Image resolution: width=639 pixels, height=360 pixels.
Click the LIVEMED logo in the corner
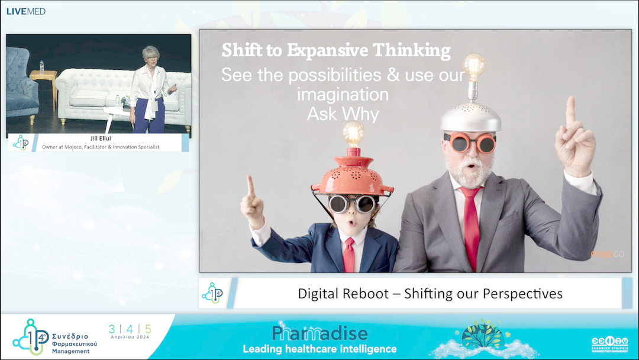[x=25, y=11]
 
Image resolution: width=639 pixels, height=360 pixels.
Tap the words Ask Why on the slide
[x=343, y=114]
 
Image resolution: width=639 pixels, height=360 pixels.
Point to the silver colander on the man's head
[x=470, y=117]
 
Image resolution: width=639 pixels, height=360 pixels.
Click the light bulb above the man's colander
[x=473, y=67]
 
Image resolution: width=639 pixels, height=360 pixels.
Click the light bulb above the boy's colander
[x=353, y=134]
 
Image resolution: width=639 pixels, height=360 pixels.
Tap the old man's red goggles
[x=471, y=143]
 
